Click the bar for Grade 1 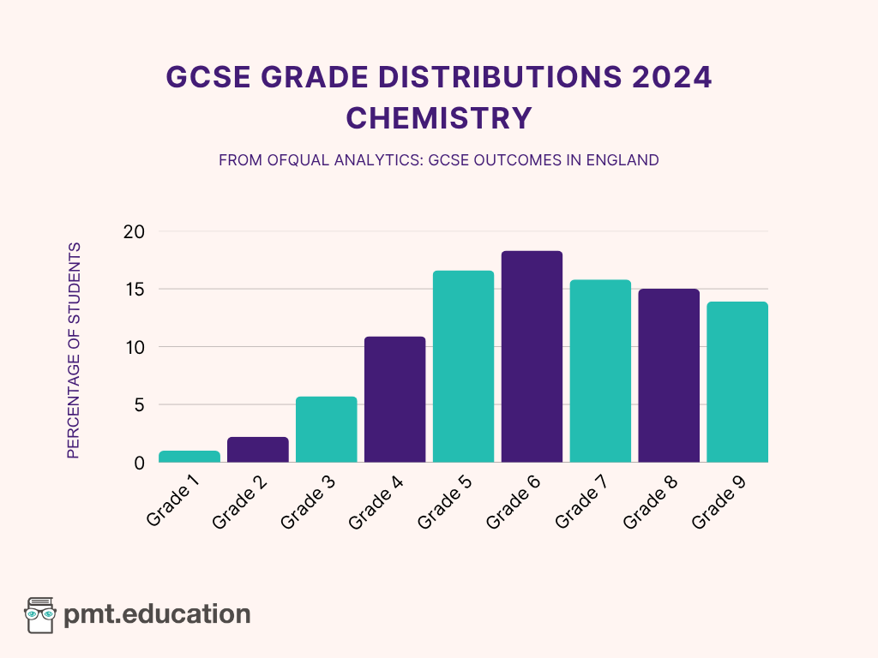coord(189,457)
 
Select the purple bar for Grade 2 coord(257,450)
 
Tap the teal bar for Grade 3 coord(326,429)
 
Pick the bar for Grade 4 coord(394,399)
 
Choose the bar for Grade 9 coord(737,382)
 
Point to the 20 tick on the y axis coord(134,232)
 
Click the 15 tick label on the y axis coord(135,290)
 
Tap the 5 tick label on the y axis coord(139,404)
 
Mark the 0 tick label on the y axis coord(139,463)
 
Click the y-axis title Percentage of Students coord(74,350)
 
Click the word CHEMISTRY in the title coord(439,118)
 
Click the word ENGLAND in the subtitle coord(622,160)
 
